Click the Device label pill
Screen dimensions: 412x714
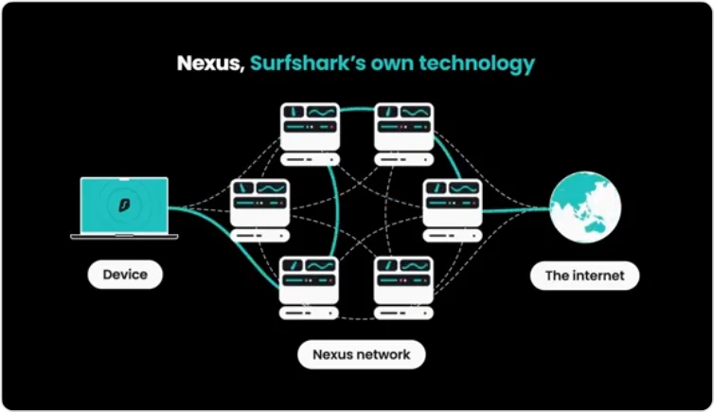125,275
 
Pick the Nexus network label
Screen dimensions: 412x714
362,354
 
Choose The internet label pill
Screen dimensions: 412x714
584,277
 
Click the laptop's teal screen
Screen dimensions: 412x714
125,204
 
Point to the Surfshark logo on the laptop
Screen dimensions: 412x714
125,204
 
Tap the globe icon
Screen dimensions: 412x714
585,206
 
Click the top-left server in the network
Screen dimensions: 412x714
310,128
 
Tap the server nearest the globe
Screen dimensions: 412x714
451,204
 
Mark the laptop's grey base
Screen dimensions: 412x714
125,235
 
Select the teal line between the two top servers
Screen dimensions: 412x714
357,109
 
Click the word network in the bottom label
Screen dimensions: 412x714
384,354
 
